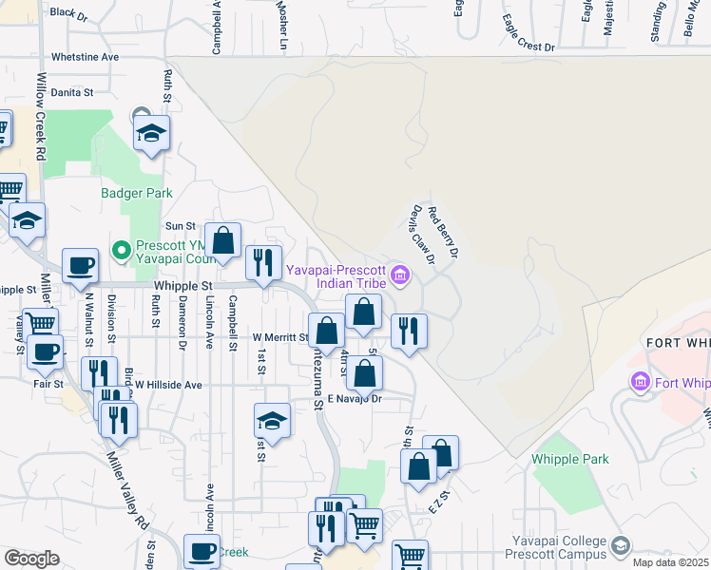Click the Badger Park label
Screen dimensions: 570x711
coord(137,193)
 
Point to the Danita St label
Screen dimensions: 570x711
coord(72,93)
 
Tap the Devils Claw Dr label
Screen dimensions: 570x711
coord(422,235)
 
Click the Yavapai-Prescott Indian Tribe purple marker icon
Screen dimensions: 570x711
coord(400,276)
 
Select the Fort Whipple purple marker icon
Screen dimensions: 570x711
coord(640,382)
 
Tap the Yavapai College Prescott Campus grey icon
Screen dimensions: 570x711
coord(621,546)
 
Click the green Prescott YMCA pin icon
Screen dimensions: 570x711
coord(121,251)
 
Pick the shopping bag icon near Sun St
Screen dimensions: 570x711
coord(222,241)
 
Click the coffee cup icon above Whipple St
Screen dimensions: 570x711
coord(80,265)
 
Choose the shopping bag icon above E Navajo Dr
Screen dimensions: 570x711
coord(364,372)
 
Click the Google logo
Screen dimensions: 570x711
coord(31,559)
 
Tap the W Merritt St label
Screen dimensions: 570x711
coord(279,337)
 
